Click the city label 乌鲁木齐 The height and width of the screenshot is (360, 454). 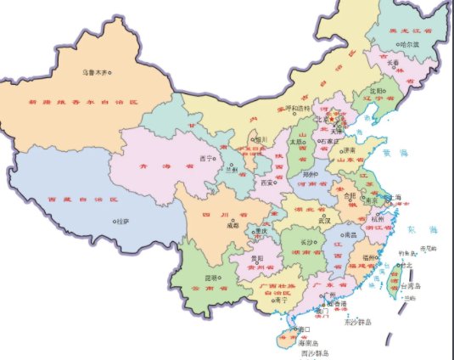point(95,72)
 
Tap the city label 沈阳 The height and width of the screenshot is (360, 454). point(376,88)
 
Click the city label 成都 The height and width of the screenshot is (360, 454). point(233,227)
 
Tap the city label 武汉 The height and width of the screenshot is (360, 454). point(324,220)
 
